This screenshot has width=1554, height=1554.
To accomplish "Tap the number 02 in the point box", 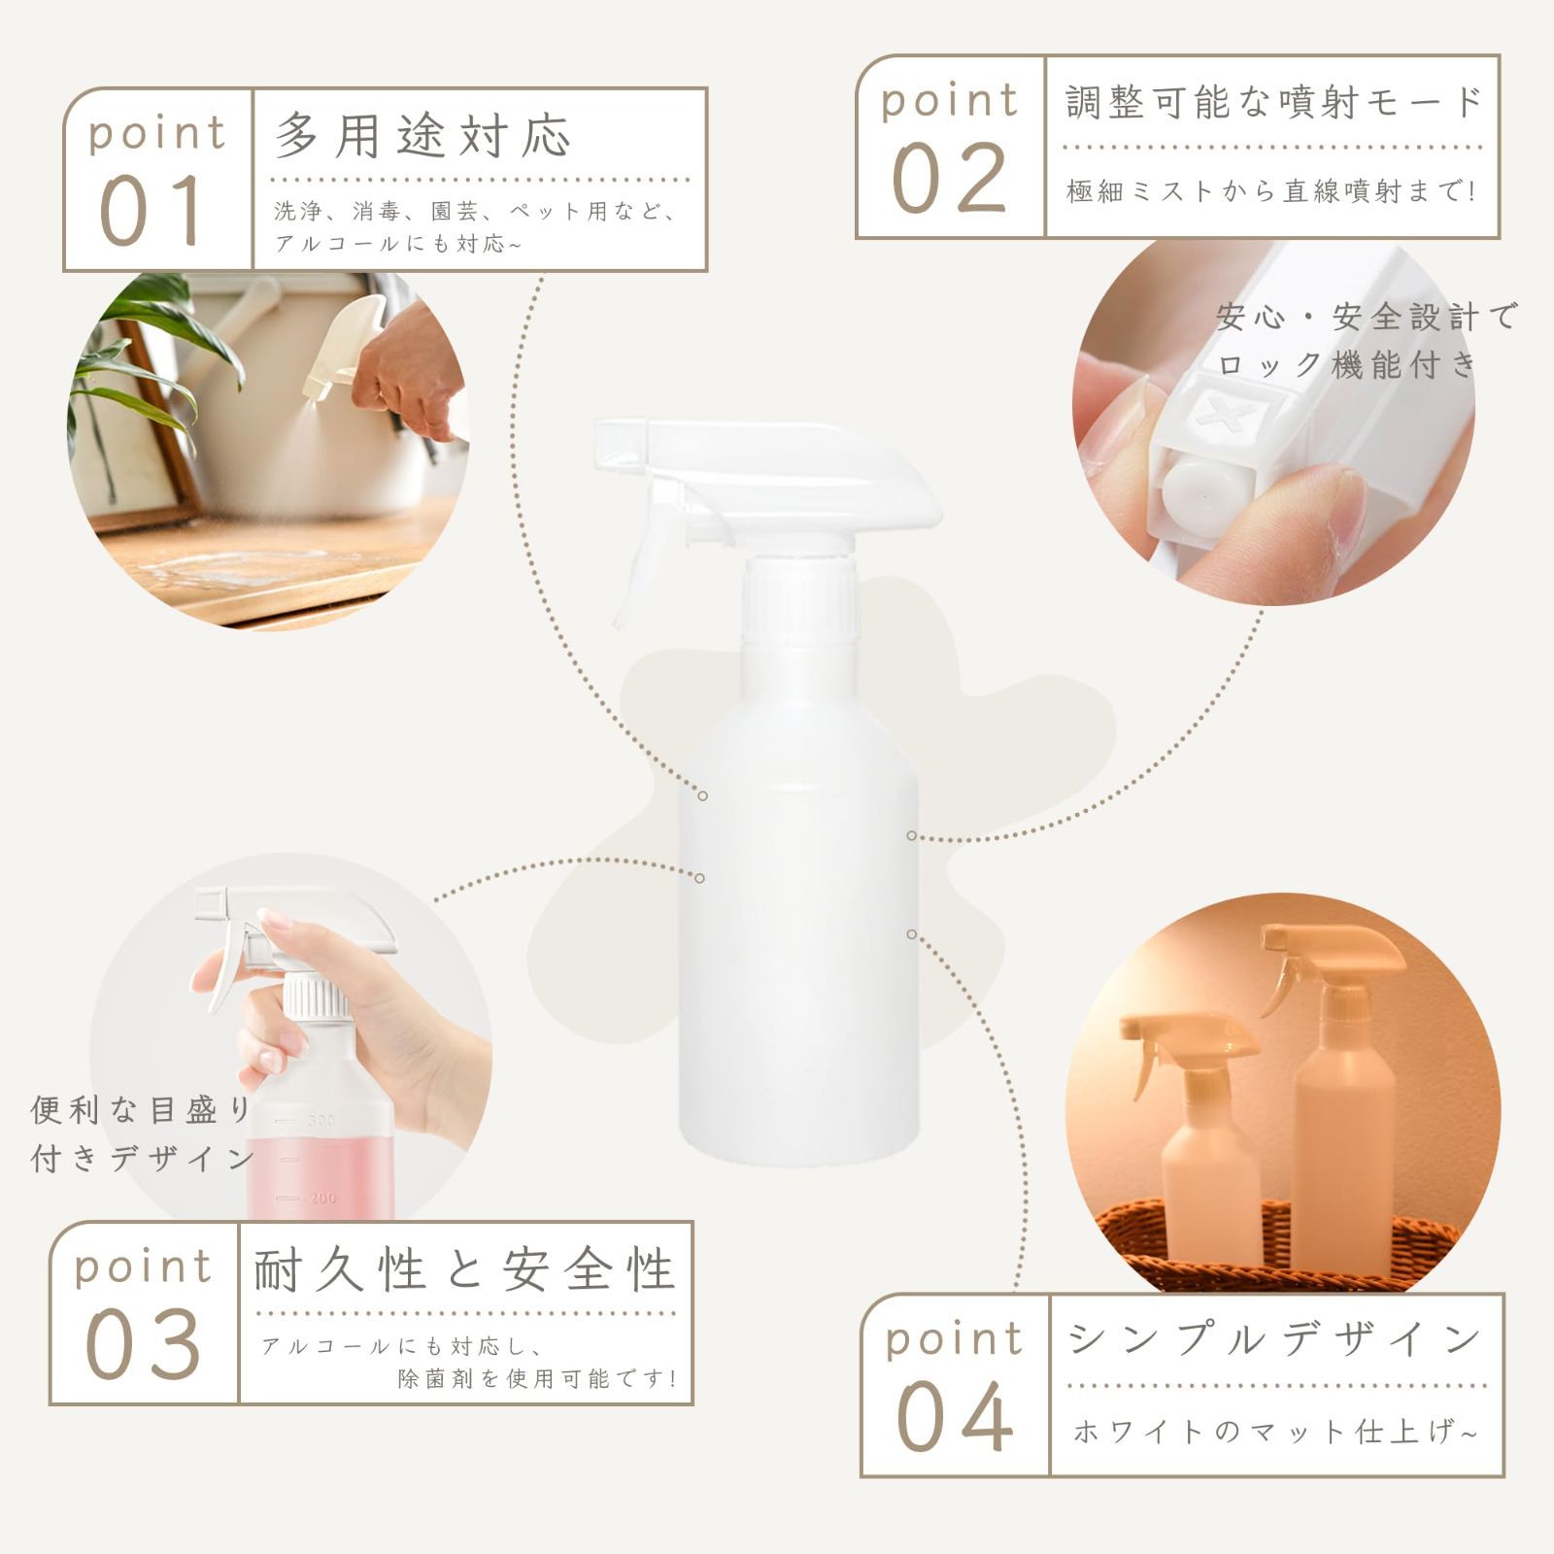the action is coord(950,178).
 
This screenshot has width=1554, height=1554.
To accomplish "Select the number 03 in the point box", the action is coord(143,1344).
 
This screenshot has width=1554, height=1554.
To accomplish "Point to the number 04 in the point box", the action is coord(955,1417).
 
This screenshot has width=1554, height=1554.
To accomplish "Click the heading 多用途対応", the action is coord(422,134).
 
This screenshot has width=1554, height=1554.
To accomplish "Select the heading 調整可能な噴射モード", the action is coord(1273,102).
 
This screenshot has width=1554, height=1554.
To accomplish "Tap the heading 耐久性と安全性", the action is coord(464,1269).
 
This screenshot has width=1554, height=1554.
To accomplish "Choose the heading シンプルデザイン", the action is coord(1274,1339).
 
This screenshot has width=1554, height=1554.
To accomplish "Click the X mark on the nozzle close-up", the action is coord(1226,414).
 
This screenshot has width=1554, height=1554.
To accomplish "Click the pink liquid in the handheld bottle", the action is coord(321,1165).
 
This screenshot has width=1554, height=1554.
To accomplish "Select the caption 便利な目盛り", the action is coord(141,1109).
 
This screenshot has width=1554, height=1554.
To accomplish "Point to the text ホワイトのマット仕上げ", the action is coord(1275,1432).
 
